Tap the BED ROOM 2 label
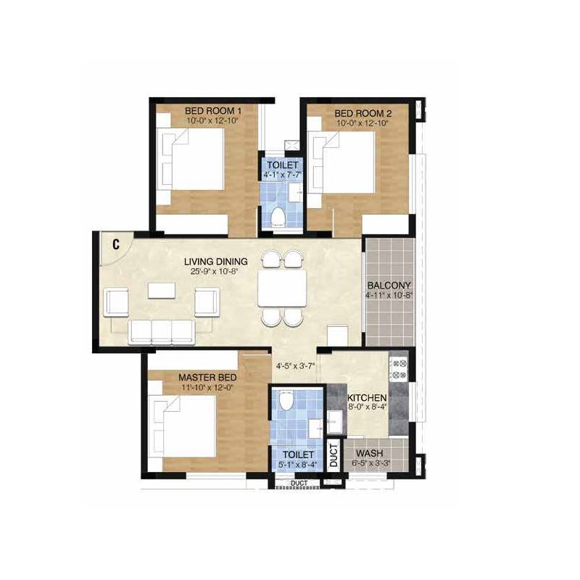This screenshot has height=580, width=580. tap(362, 114)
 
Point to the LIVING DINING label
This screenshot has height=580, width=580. tap(215, 262)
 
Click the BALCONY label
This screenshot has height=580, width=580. tap(389, 286)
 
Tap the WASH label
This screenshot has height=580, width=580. tap(369, 452)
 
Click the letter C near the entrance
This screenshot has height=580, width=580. tap(115, 244)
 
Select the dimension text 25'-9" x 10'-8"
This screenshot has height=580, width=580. tap(215, 272)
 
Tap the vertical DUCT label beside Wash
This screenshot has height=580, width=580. tap(333, 454)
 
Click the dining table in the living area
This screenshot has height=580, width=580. tap(281, 289)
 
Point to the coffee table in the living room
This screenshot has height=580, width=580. tap(162, 290)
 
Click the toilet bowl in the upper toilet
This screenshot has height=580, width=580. tap(278, 216)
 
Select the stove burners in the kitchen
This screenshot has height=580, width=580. tap(399, 368)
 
